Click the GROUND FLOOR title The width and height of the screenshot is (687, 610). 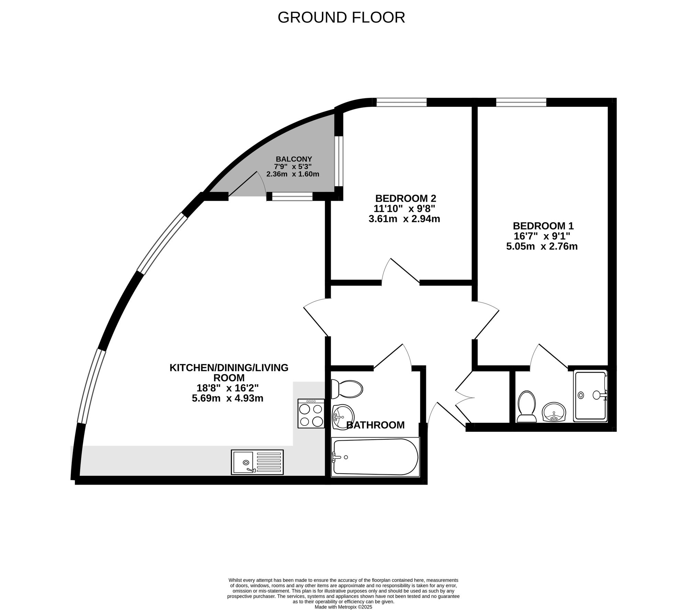[x=341, y=18]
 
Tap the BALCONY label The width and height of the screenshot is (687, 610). [x=294, y=159]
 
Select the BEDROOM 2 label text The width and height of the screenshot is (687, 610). [x=405, y=198]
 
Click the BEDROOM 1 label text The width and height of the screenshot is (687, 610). [x=543, y=226]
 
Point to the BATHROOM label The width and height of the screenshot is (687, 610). [x=375, y=425]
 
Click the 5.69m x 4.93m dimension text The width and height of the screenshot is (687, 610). [x=227, y=398]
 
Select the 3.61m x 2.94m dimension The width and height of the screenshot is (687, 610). [x=404, y=219]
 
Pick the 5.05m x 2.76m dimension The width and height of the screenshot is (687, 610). [x=542, y=246]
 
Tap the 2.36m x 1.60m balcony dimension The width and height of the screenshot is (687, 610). [x=293, y=174]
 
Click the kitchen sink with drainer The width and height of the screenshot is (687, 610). [x=257, y=462]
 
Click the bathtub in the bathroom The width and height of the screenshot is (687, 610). [x=375, y=457]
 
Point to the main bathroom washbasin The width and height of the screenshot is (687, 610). [x=343, y=417]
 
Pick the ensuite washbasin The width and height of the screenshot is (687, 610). [x=554, y=412]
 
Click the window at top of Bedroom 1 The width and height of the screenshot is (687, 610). [x=521, y=102]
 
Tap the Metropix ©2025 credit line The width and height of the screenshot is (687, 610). [x=343, y=607]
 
